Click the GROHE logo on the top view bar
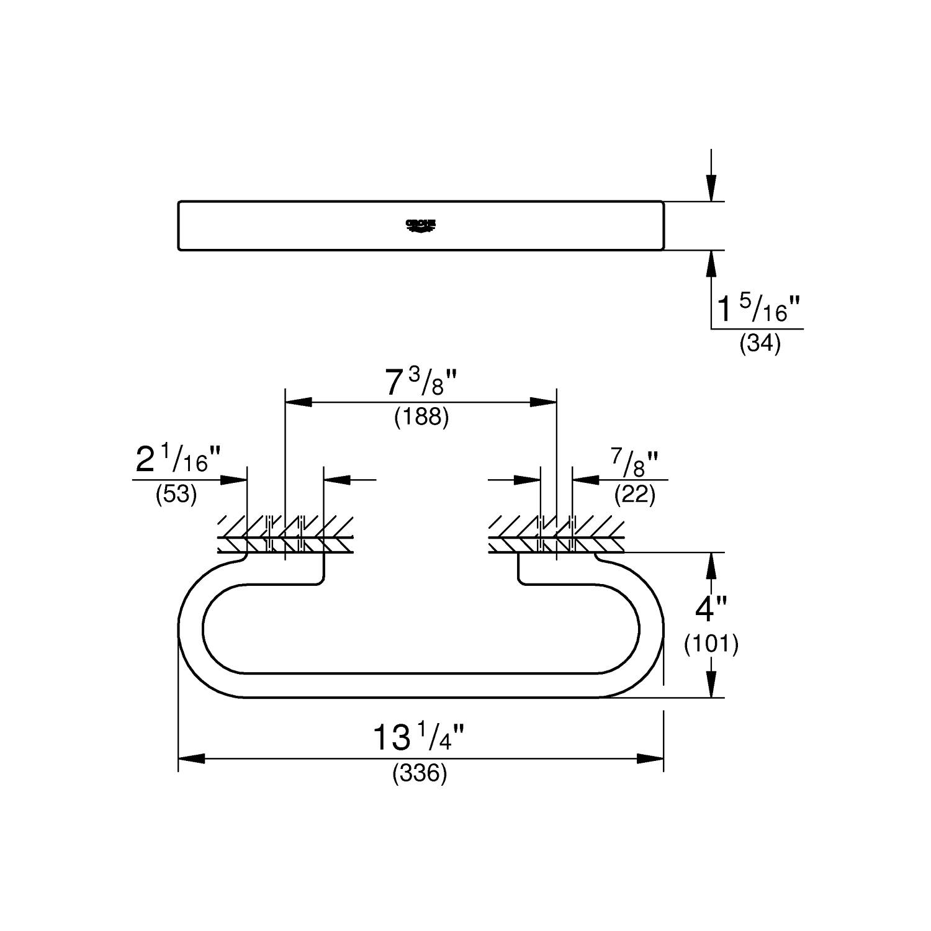click(x=421, y=225)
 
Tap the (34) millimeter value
click(x=759, y=343)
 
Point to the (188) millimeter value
click(x=421, y=417)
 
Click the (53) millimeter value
click(x=176, y=495)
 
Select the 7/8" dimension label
click(x=634, y=462)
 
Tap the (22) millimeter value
click(x=634, y=495)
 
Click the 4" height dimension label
click(x=711, y=609)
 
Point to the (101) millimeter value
click(x=711, y=645)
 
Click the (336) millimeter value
click(x=420, y=773)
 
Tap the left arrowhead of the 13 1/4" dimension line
click(x=191, y=758)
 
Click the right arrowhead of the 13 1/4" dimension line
click(x=651, y=758)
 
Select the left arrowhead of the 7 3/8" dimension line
click(x=298, y=402)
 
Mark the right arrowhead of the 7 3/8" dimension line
click(x=543, y=402)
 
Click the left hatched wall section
click(x=286, y=534)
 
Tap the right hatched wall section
click(x=556, y=534)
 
